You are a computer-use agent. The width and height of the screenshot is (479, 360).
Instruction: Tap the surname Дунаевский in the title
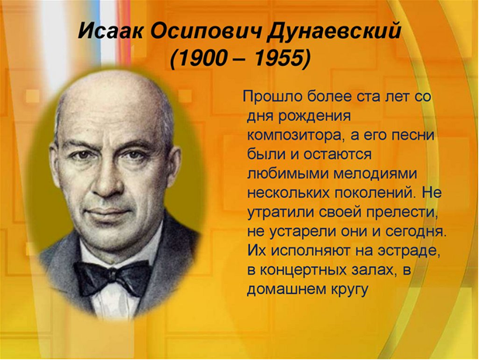[334, 31]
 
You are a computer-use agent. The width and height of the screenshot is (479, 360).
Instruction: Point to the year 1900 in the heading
[201, 57]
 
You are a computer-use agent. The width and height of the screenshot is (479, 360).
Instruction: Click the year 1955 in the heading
[279, 57]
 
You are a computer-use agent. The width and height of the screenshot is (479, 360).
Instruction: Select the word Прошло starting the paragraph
[272, 96]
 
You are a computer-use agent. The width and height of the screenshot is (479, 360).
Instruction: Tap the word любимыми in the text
[287, 174]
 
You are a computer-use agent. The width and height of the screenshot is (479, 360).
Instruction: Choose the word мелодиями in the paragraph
[375, 174]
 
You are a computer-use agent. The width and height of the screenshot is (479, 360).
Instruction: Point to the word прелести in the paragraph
[403, 213]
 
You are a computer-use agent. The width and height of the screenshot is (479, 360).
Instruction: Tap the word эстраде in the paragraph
[408, 251]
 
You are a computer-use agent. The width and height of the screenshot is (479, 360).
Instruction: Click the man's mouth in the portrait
[109, 212]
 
